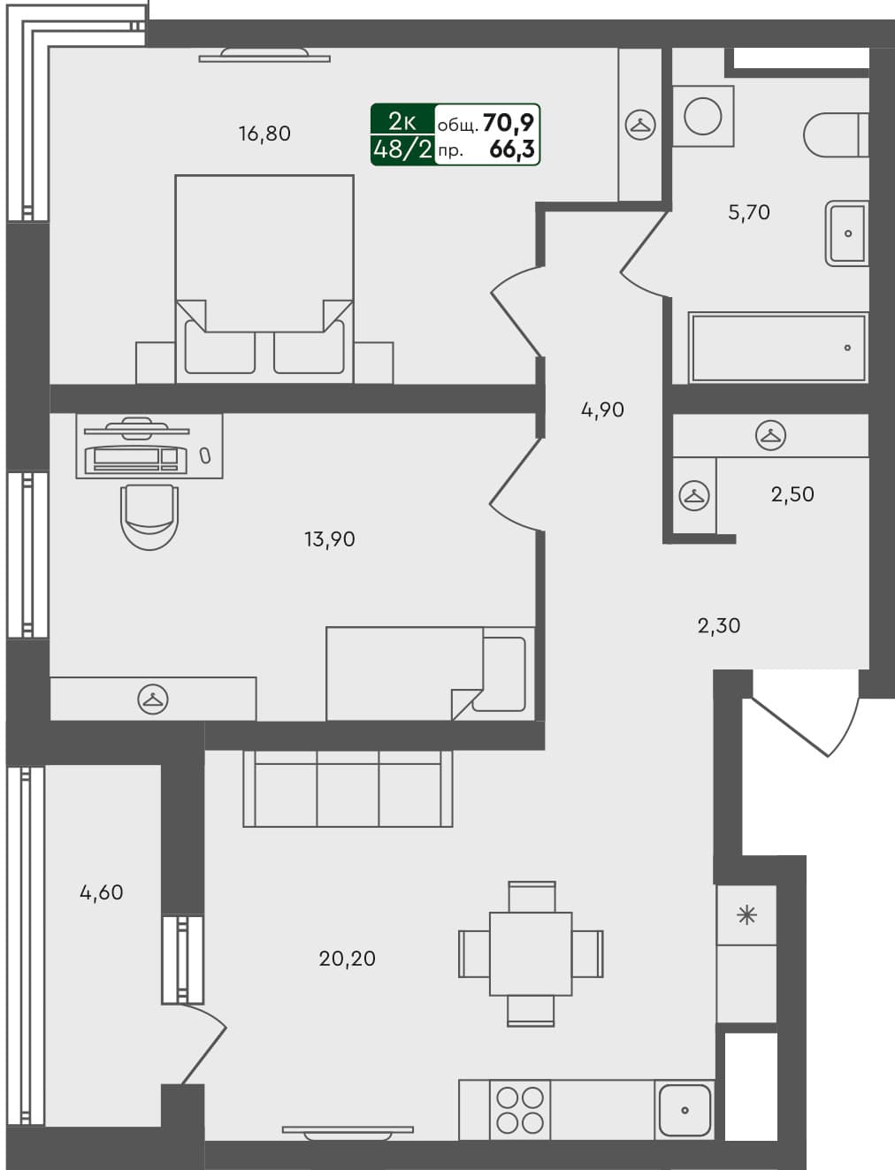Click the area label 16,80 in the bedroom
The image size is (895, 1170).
264,134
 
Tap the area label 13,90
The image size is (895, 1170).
329,539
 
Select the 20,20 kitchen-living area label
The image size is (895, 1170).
347,958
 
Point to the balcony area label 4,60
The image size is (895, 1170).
102,892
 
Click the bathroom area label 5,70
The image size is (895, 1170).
748,212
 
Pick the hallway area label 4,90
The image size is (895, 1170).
602,409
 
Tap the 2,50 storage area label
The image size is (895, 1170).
792,493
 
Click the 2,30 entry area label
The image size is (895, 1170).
718,626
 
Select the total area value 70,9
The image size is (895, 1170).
509,123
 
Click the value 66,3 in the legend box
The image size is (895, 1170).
511,149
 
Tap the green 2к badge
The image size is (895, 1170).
402,121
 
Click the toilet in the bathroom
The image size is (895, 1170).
835,134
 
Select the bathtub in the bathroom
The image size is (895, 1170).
777,348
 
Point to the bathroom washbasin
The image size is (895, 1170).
846,233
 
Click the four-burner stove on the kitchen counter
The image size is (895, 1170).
519,1110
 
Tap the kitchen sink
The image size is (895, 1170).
685,1110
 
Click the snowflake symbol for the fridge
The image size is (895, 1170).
746,914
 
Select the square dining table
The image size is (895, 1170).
531,954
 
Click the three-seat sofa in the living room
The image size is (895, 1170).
348,789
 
